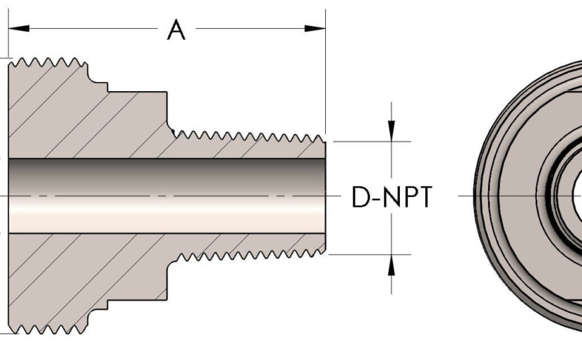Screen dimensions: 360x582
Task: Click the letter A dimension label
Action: click(x=176, y=30)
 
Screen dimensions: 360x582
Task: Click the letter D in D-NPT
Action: click(x=360, y=198)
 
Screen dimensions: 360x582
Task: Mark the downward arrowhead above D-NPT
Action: click(x=392, y=131)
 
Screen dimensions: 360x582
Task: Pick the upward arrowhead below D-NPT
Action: click(x=392, y=263)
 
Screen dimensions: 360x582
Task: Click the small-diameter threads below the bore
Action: click(x=247, y=256)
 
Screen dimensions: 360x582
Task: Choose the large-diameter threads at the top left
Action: click(x=49, y=62)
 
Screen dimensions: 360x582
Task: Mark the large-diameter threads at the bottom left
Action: click(x=49, y=328)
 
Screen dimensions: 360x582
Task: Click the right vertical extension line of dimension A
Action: click(x=326, y=78)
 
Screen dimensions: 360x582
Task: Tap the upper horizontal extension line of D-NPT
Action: click(x=370, y=141)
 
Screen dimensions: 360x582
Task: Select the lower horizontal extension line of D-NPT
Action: click(x=370, y=254)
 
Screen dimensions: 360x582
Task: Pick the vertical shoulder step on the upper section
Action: click(x=168, y=109)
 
